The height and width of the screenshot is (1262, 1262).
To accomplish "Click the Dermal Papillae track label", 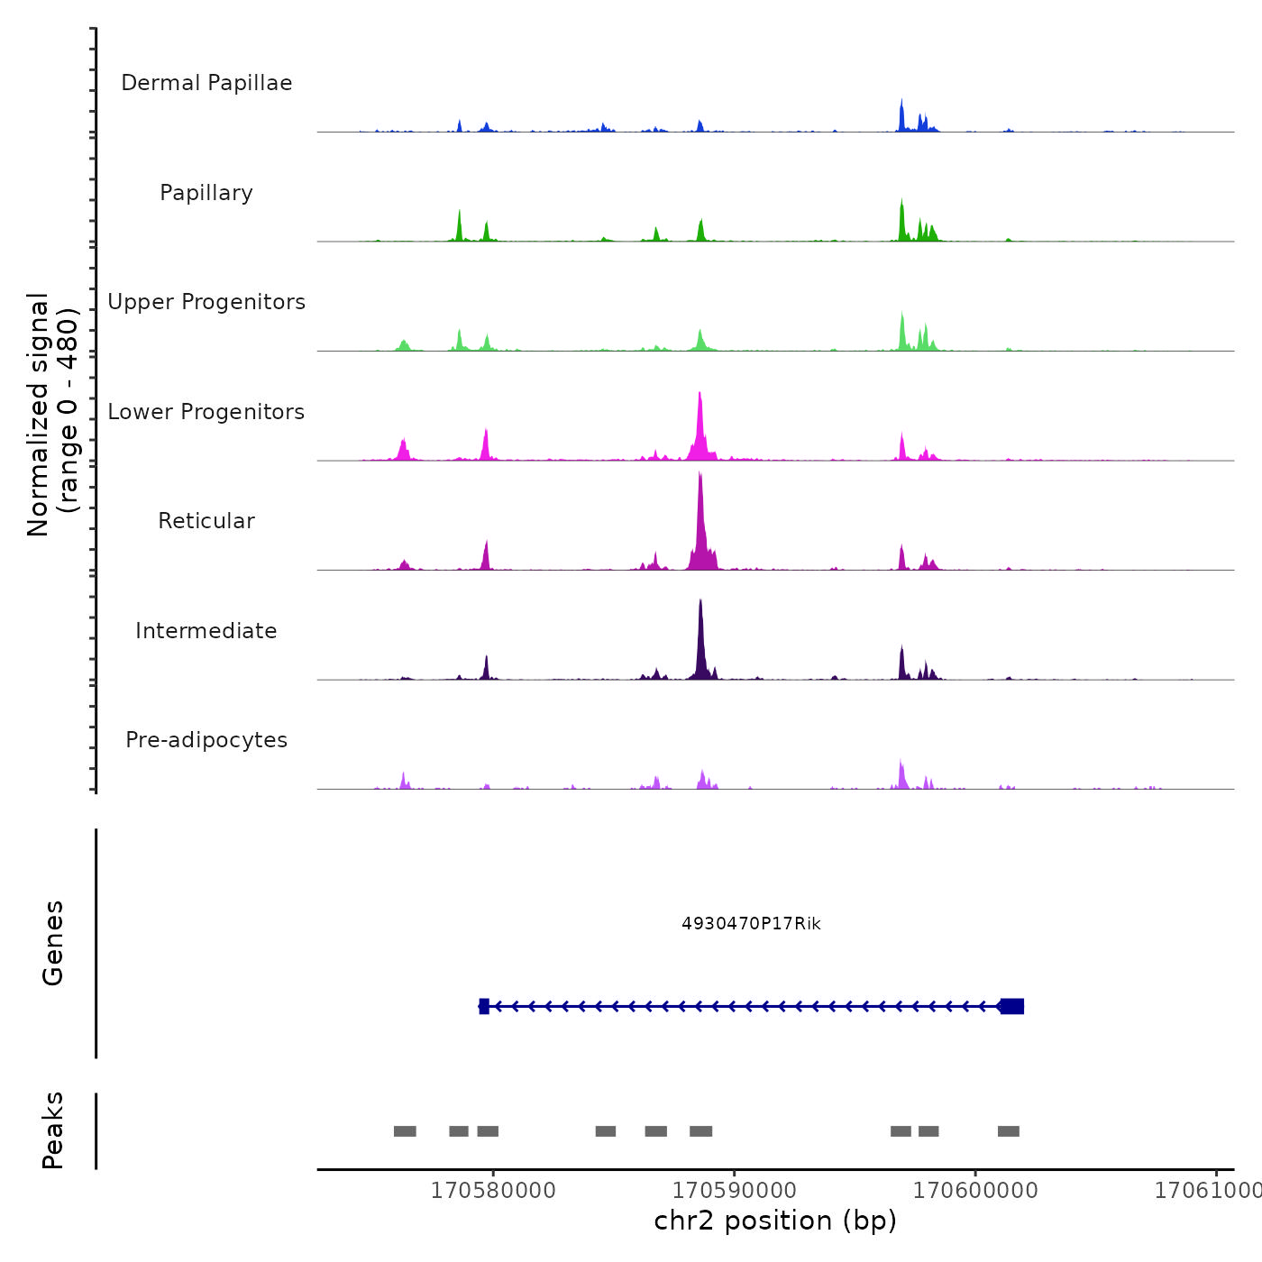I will point(206,83).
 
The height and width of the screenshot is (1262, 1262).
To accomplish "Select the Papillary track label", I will point(206,193).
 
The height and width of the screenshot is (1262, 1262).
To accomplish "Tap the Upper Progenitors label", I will point(206,302).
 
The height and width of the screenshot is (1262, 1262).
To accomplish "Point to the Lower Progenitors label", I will point(206,412).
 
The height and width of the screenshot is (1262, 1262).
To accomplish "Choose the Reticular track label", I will point(206,521).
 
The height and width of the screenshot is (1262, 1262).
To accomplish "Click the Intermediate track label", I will point(206,631).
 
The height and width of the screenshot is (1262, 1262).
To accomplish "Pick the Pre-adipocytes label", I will point(206,740).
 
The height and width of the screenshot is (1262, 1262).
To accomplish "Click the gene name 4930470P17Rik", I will point(751,924).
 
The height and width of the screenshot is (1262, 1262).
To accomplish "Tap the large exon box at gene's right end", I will point(1012,1006).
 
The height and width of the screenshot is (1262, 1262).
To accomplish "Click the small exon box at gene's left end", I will point(484,1006).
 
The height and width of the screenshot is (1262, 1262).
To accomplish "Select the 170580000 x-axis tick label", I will point(493,1191).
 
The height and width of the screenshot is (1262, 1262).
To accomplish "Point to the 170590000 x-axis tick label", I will point(735,1191).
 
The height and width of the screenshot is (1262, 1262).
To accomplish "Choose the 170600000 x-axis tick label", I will point(975,1191).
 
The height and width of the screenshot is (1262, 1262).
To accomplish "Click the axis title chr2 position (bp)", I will point(775,1221).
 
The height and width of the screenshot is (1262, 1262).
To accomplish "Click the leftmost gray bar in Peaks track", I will point(405,1131).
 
